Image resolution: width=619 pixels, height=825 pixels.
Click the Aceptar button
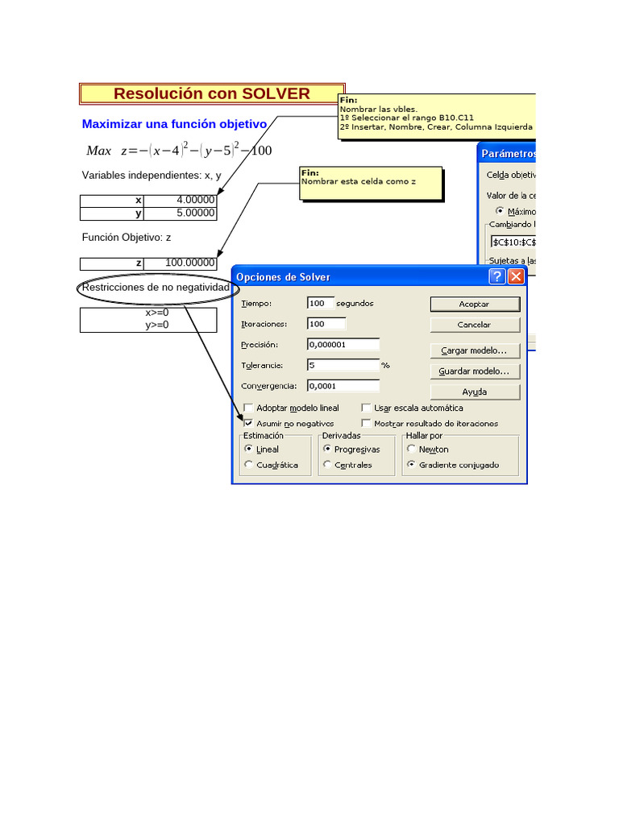coord(475,304)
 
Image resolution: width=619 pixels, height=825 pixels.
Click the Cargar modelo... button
coord(475,350)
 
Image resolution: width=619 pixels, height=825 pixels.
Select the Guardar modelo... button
coord(475,371)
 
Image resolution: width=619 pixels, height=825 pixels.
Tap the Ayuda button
coord(475,392)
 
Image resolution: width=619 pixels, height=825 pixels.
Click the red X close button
coord(516,276)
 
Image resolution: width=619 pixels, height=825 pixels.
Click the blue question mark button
coord(497,276)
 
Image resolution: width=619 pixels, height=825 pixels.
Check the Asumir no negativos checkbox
coord(249,423)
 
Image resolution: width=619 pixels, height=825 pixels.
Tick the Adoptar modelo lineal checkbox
coord(249,408)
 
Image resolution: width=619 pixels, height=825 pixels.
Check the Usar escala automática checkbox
coord(367,408)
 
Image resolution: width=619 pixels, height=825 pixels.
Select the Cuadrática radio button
coord(248,464)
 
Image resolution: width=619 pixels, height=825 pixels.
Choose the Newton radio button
coord(411,449)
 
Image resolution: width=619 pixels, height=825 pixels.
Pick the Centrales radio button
coord(326,464)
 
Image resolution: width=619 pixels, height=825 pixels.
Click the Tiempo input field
coord(320,303)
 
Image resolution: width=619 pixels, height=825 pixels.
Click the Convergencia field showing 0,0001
coord(343,385)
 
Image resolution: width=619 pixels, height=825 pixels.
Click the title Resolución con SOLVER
coord(211,93)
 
